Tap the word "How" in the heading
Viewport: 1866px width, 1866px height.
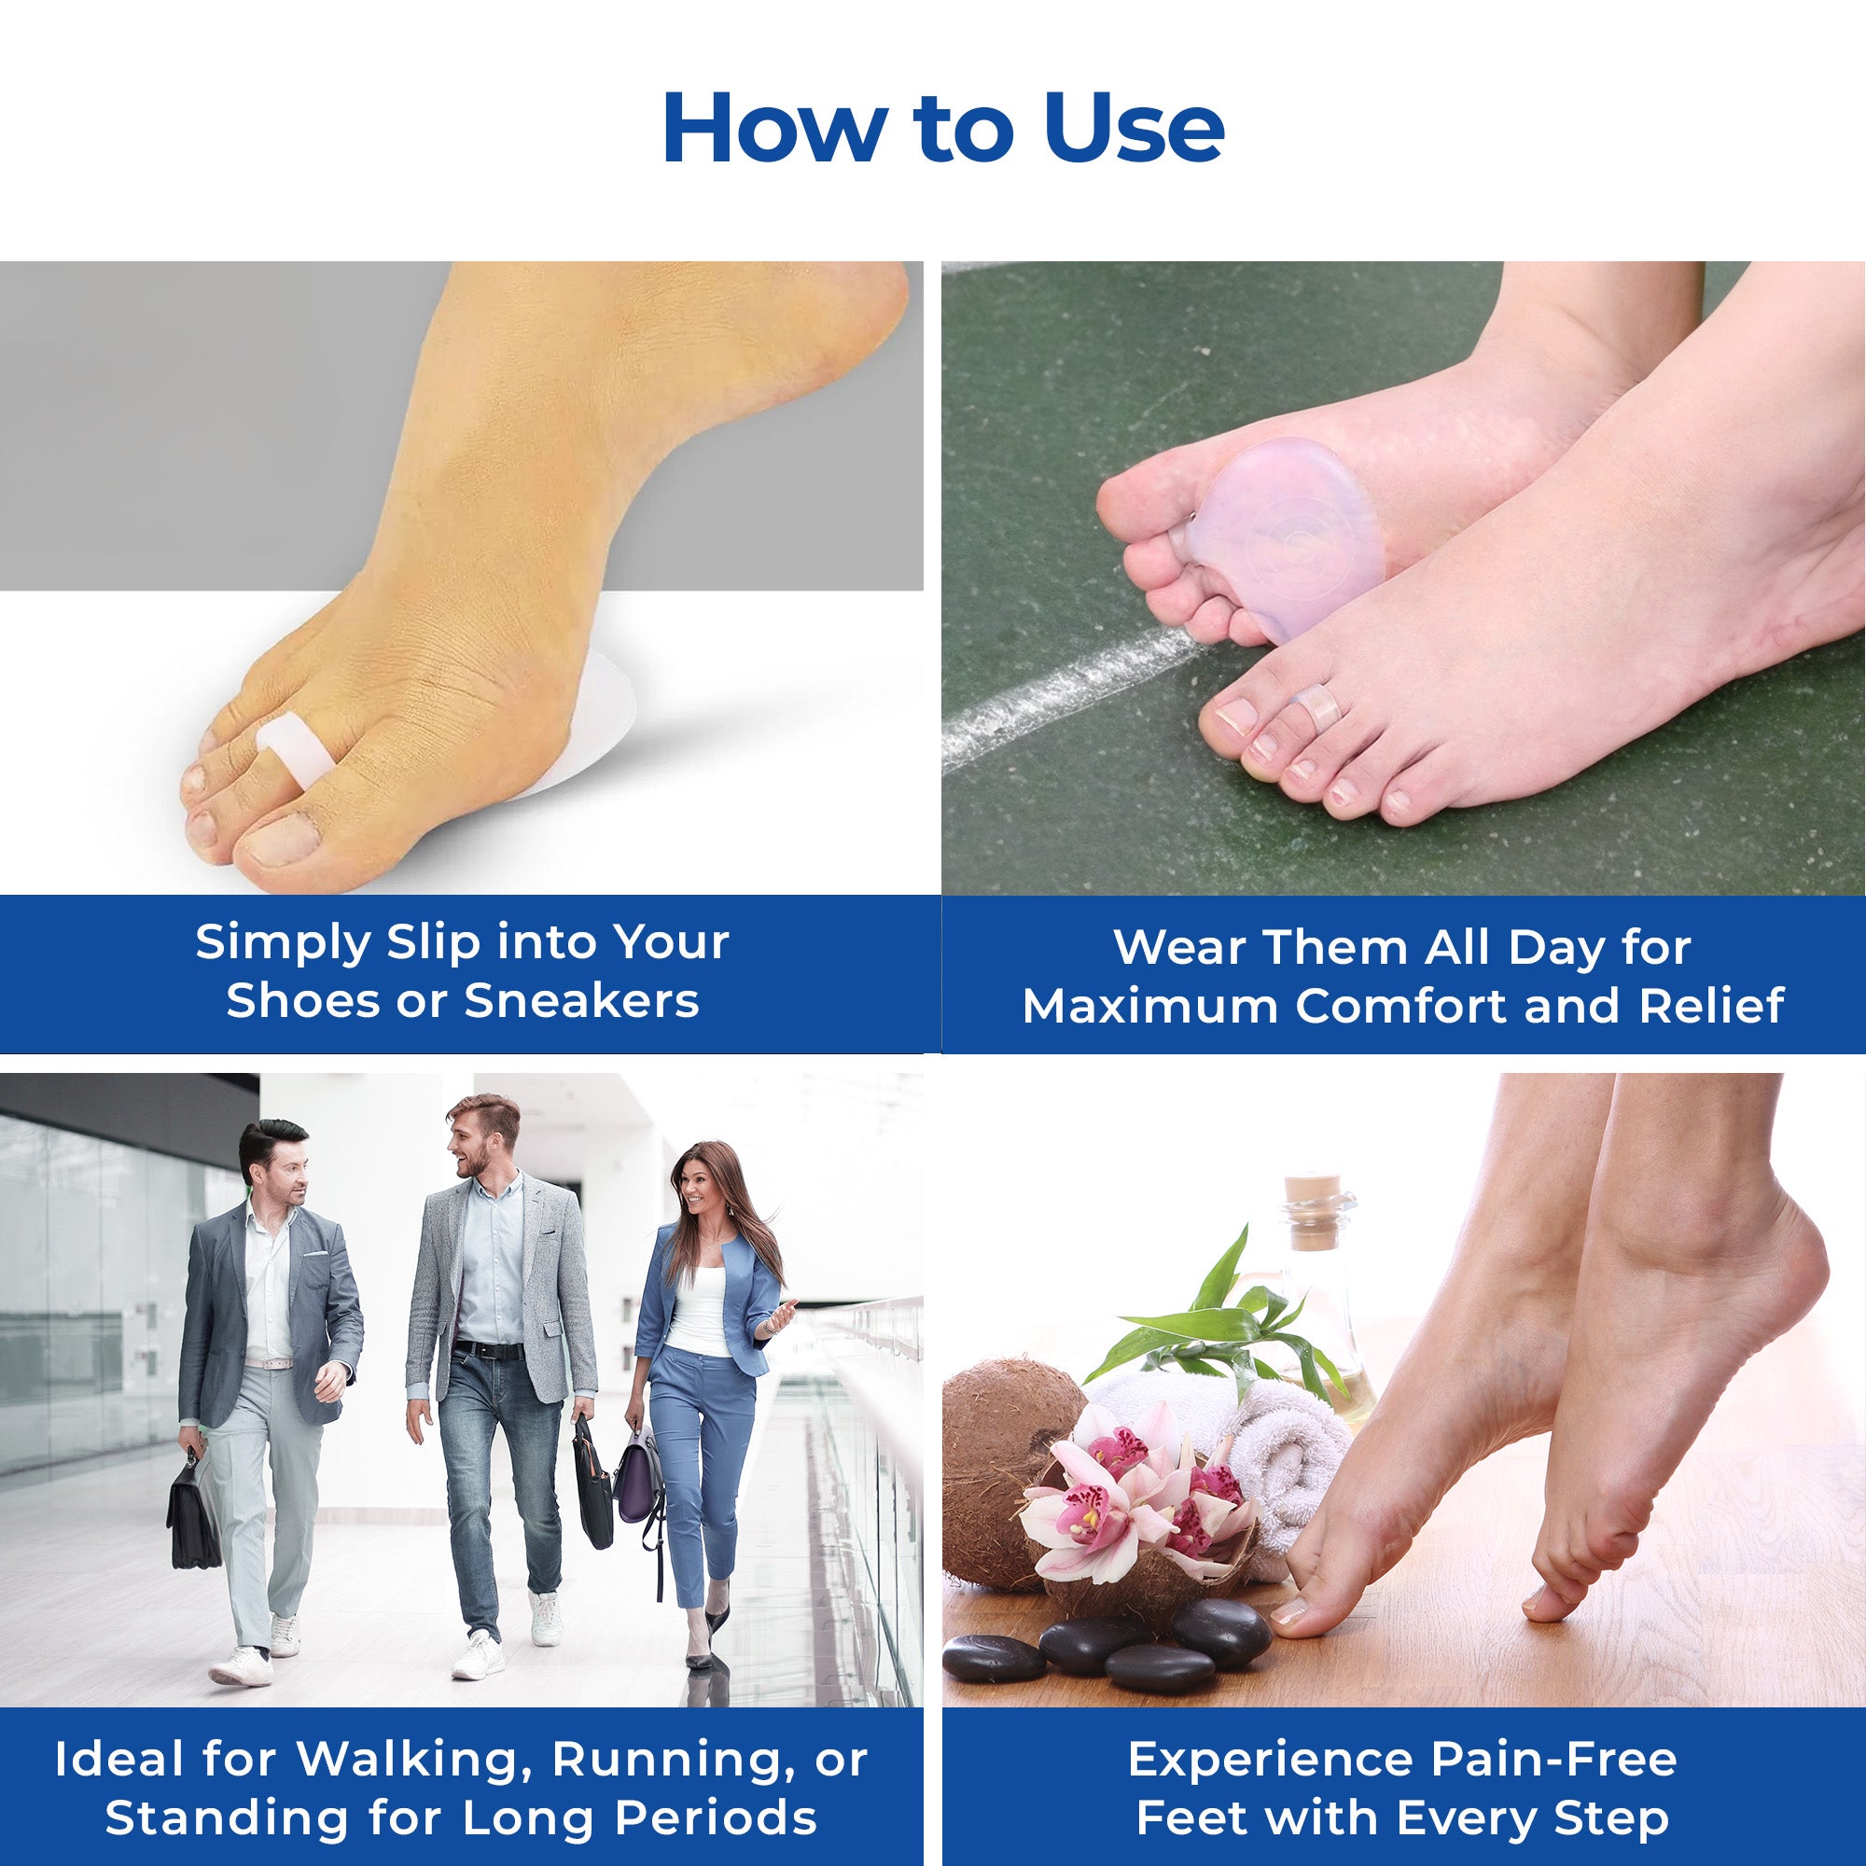click(774, 128)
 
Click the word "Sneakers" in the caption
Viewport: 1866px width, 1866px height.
click(580, 1000)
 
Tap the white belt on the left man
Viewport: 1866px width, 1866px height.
click(270, 1363)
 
